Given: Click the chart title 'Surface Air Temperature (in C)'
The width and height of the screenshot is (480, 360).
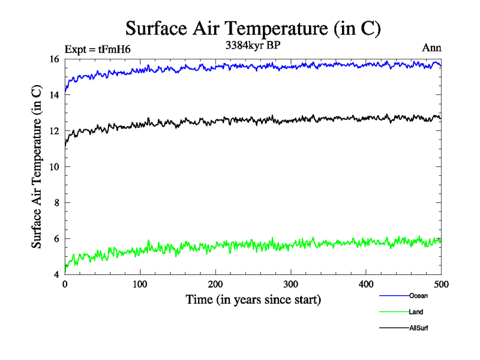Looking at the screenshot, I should click(x=253, y=28).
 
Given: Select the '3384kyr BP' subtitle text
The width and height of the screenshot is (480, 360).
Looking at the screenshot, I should click(x=253, y=46).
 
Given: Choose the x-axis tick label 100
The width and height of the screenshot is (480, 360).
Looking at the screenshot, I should click(x=140, y=284).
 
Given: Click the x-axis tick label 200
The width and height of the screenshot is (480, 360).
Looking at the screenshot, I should click(x=215, y=284).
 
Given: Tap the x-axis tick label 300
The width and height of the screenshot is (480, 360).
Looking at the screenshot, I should click(x=290, y=284).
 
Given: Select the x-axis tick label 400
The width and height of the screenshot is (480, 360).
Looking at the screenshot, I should click(x=366, y=284).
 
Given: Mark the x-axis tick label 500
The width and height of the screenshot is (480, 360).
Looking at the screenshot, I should click(x=441, y=284).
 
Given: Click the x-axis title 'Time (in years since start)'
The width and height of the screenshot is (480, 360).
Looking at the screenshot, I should click(x=253, y=299).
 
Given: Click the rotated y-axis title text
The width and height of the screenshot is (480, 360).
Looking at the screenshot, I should click(x=37, y=167).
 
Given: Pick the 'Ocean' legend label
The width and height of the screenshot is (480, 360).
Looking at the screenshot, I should click(x=418, y=296).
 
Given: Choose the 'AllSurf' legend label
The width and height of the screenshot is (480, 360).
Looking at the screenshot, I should click(x=419, y=328).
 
